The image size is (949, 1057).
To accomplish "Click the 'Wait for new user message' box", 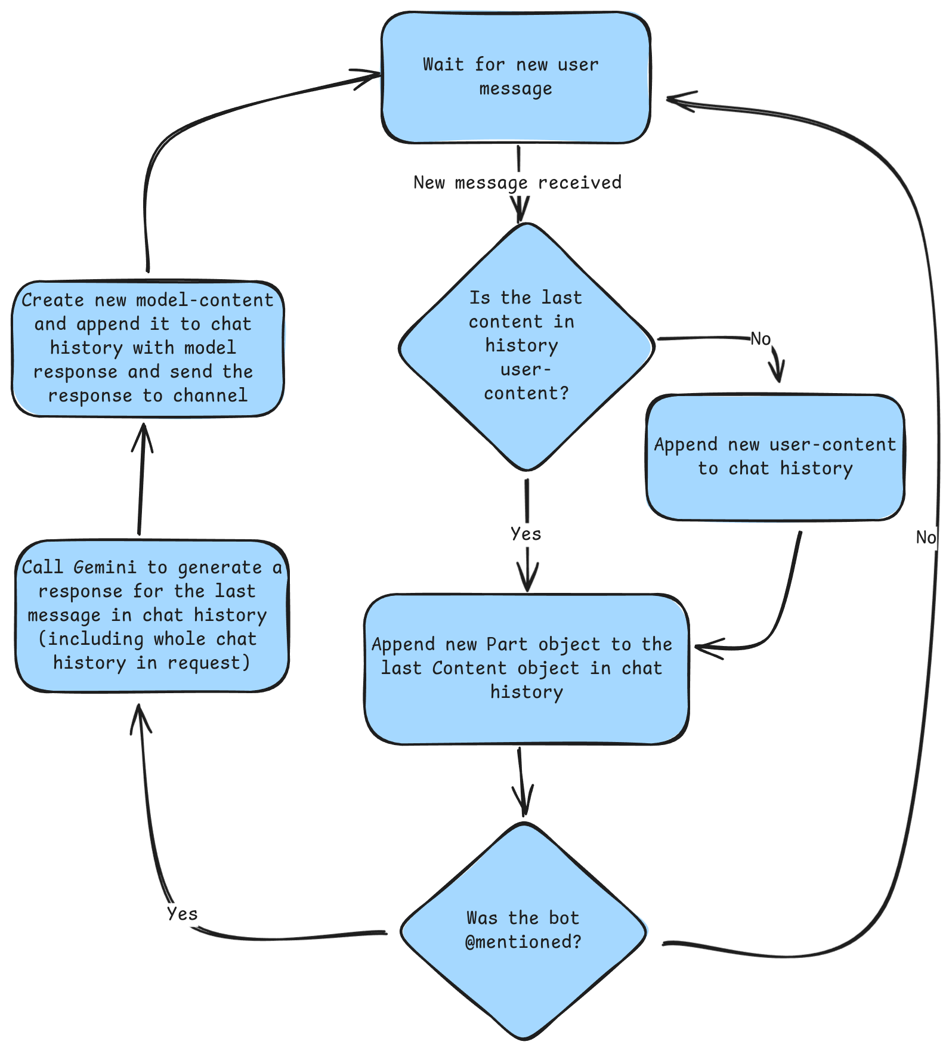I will coord(516,78).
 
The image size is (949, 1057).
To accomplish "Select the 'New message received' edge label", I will coord(517,183).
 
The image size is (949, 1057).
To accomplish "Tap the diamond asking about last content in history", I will coord(526,346).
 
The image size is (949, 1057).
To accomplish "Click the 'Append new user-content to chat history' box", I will coord(775,457).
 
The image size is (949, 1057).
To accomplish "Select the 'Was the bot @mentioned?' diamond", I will coord(524,931).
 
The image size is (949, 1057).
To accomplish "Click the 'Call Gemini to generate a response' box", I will coord(152,616).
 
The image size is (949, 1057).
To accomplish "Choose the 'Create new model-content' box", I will coord(147,348).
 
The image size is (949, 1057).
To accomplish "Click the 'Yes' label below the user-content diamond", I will coord(526,534).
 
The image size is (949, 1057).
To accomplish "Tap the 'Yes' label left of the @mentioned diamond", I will coord(182,914).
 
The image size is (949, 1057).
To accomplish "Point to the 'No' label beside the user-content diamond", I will coord(761,339).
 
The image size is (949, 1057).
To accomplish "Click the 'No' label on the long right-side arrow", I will coord(925,537).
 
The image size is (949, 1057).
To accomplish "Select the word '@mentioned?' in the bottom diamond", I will coord(523,942).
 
